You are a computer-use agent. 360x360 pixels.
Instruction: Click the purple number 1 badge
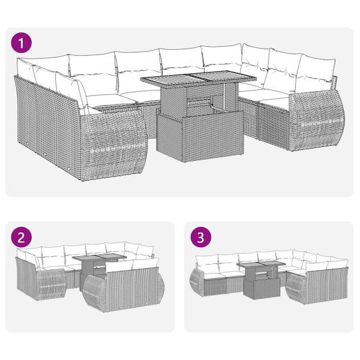23,44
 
